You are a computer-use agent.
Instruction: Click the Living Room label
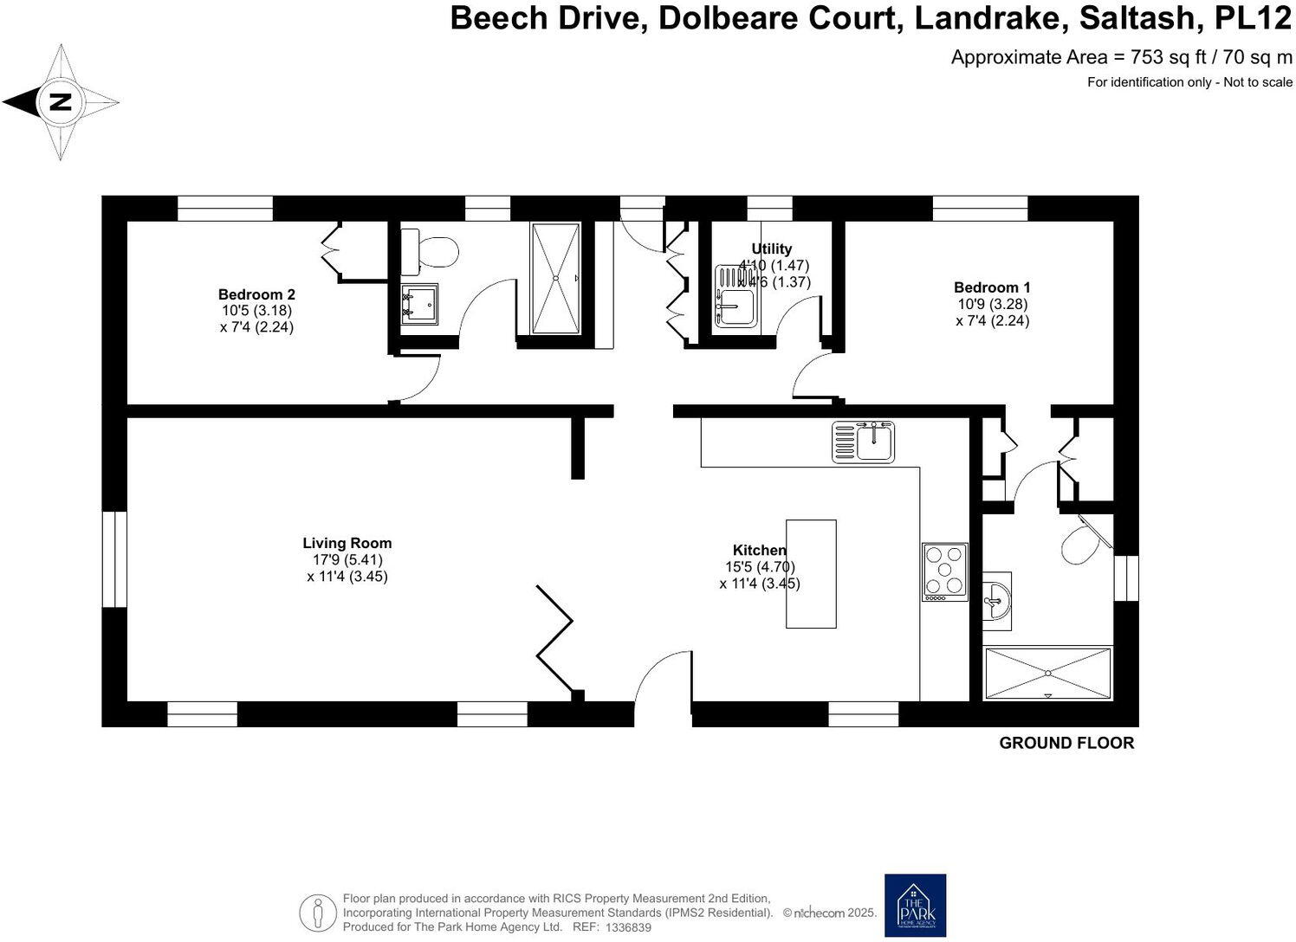pos(347,543)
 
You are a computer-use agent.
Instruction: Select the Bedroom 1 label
pos(992,287)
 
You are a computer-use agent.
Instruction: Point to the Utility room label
pos(771,249)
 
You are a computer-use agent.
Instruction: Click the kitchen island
pos(811,573)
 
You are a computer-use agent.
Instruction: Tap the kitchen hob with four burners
pos(944,571)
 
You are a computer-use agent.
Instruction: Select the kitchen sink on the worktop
pos(864,442)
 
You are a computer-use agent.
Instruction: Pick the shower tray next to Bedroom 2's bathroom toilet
pos(555,278)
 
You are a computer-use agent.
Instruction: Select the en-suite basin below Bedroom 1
pos(998,596)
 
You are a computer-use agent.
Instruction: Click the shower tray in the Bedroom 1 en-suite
pos(1048,673)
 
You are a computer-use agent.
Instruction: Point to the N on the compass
pos(60,102)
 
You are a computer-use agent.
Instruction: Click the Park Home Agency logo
pos(915,905)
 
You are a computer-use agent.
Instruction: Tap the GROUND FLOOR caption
pos(1066,743)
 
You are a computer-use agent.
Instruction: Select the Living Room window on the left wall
pos(114,559)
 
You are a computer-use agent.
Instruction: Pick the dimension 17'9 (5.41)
pos(347,559)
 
